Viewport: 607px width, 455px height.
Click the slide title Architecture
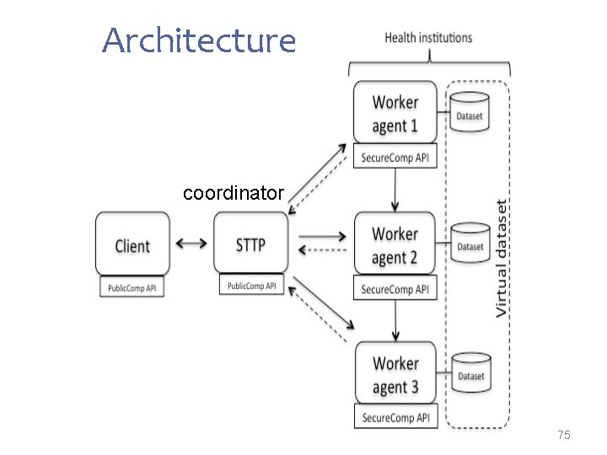point(199,40)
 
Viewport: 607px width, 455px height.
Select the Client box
point(132,244)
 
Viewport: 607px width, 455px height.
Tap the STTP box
point(250,244)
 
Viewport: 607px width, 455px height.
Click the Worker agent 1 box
point(395,114)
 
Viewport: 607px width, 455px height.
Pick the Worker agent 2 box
point(395,244)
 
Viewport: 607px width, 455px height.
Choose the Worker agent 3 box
point(395,375)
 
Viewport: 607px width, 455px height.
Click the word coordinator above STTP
point(234,193)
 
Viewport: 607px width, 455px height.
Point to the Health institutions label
point(428,38)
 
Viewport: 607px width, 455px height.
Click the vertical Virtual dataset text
point(502,258)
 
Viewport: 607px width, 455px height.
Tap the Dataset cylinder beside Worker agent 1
point(470,113)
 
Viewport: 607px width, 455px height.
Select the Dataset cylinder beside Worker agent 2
point(470,243)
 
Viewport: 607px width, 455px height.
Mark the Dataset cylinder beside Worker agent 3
point(470,372)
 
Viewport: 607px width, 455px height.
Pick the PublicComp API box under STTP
point(251,286)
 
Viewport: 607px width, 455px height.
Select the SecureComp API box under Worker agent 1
point(395,158)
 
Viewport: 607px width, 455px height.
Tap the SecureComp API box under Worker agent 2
point(395,289)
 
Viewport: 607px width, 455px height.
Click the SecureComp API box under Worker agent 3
point(395,417)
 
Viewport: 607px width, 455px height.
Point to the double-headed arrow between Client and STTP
point(191,244)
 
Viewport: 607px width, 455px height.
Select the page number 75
point(564,435)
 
